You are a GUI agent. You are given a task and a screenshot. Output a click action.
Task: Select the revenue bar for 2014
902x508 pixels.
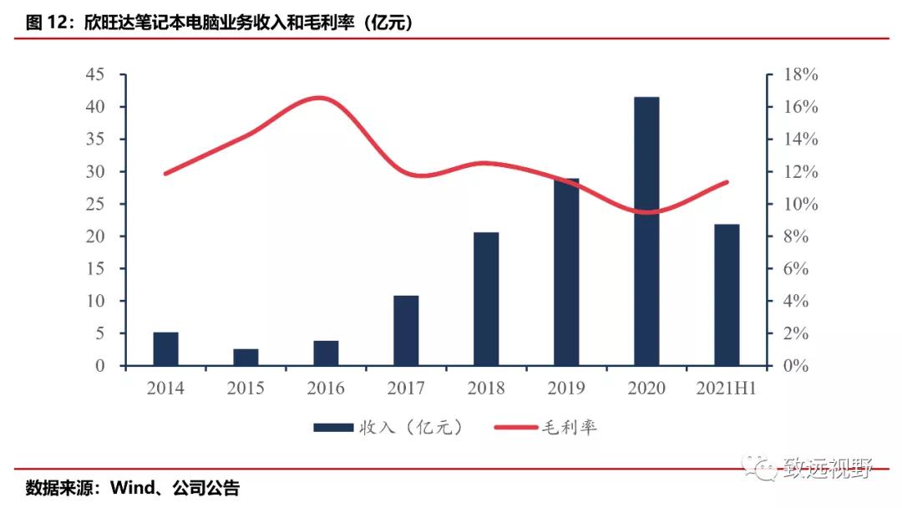(165, 348)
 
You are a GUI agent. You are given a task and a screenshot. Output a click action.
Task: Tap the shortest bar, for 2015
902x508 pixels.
(246, 358)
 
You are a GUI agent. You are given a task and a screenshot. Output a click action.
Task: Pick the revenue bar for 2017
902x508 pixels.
(406, 331)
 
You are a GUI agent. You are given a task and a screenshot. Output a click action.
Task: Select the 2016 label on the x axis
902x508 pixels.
(326, 389)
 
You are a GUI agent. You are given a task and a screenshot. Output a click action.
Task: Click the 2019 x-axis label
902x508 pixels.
(566, 389)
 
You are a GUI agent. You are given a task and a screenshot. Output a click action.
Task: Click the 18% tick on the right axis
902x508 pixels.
(800, 74)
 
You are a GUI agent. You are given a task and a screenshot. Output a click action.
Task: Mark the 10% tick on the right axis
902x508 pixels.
(800, 204)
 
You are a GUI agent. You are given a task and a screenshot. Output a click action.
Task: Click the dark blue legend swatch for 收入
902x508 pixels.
(332, 428)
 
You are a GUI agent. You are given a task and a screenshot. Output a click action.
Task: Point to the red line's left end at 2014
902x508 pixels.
(165, 174)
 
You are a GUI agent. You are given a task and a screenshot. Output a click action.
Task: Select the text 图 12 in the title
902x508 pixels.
(46, 23)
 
